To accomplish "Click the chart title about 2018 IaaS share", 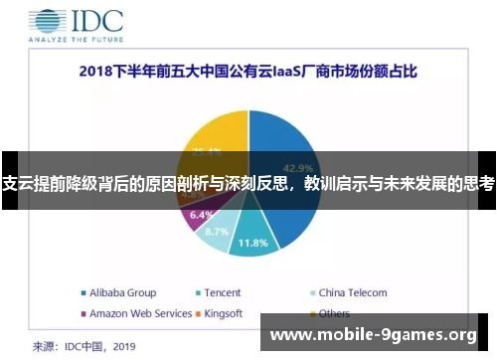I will pyautogui.click(x=248, y=72).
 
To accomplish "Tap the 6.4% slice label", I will pyautogui.click(x=201, y=214).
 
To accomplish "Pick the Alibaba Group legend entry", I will pyautogui.click(x=118, y=293).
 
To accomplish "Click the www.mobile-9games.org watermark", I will pyautogui.click(x=374, y=335).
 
